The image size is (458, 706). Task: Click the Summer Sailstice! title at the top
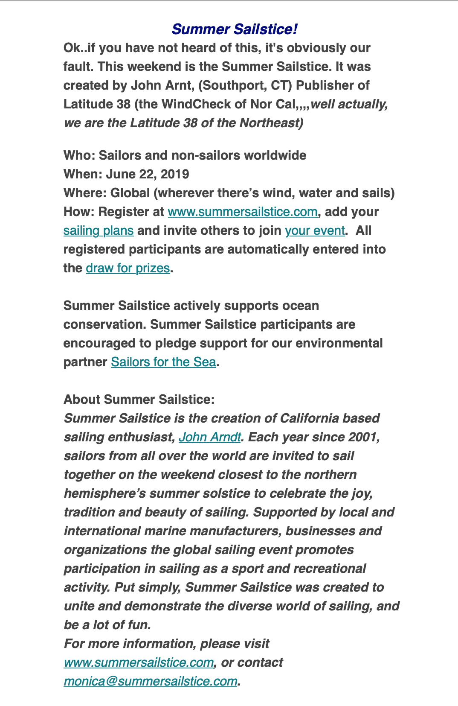pyautogui.click(x=234, y=29)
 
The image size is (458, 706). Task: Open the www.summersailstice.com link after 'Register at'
pyautogui.click(x=242, y=212)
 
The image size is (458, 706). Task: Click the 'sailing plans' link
pyautogui.click(x=99, y=230)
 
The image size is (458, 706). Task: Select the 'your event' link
pyautogui.click(x=315, y=230)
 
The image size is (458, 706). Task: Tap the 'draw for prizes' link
pyautogui.click(x=128, y=268)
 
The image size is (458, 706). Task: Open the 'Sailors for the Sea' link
pyautogui.click(x=163, y=362)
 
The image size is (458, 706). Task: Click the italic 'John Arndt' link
pyautogui.click(x=210, y=437)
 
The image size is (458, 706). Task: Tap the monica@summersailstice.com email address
pyautogui.click(x=151, y=681)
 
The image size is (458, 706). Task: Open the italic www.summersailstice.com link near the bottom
pyautogui.click(x=139, y=662)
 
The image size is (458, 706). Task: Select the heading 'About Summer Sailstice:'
pyautogui.click(x=139, y=400)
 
